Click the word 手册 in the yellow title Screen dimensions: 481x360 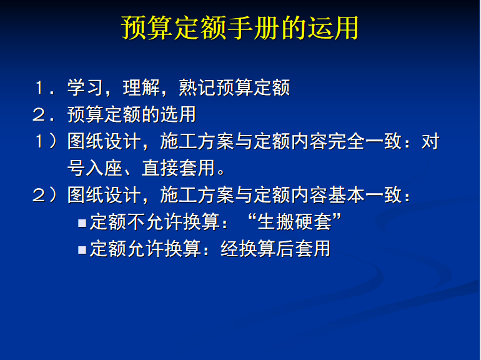pos(254,28)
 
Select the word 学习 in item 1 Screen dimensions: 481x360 pos(85,87)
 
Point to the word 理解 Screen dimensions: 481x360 pos(141,87)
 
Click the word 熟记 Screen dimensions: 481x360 pos(197,87)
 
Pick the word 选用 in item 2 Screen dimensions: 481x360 pos(178,114)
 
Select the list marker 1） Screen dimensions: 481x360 pos(46,141)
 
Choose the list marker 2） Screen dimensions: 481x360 pos(45,195)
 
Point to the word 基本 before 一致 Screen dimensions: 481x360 pos(346,195)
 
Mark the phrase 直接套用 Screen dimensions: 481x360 pos(178,168)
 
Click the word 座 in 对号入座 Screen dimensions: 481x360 pos(113,168)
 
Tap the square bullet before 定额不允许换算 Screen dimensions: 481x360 pos(82,222)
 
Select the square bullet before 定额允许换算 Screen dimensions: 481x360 pos(82,249)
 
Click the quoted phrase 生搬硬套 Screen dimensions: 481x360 pos(295,222)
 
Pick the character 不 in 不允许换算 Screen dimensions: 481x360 pos(137,222)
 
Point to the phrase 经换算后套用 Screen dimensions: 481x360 pos(275,249)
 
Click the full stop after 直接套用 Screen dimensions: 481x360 pos(221,171)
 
